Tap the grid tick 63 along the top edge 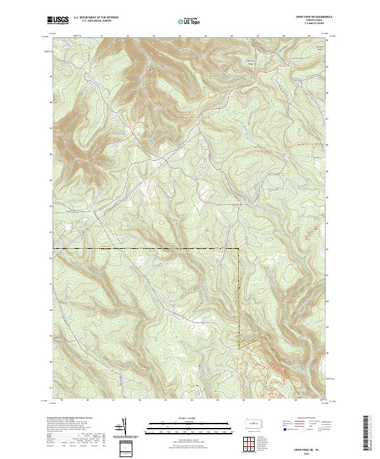154,37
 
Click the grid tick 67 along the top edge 258,37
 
